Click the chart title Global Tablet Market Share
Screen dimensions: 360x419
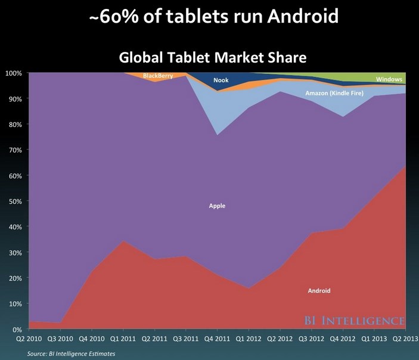click(213, 58)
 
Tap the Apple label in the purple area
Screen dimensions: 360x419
click(217, 206)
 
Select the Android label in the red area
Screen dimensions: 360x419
click(319, 291)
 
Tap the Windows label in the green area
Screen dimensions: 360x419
click(389, 79)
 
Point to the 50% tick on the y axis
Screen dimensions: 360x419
click(14, 201)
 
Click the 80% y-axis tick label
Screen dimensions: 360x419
click(14, 125)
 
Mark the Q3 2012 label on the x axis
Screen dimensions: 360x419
click(311, 340)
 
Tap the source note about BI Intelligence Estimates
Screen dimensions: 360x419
click(72, 353)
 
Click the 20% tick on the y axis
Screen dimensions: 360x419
click(14, 278)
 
